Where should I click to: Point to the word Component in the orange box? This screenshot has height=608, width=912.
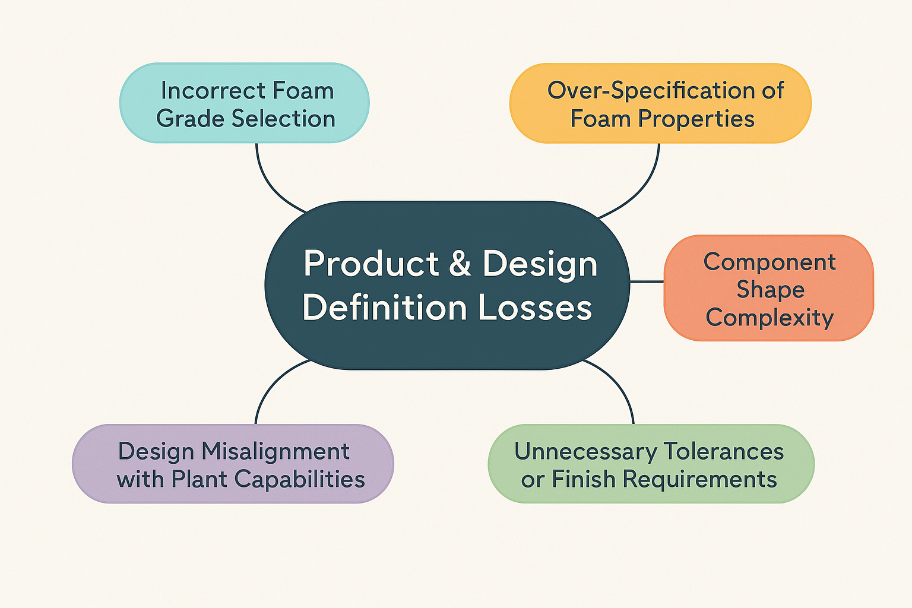click(x=769, y=262)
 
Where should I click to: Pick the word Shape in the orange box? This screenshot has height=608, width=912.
click(x=770, y=290)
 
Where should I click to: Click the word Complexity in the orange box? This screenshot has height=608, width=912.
click(x=769, y=318)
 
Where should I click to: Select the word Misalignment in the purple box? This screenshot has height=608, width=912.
click(x=275, y=451)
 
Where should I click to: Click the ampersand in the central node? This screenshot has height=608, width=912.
click(x=460, y=264)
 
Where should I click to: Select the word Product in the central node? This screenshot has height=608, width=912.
click(x=372, y=264)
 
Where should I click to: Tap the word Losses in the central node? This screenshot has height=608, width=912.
click(x=535, y=308)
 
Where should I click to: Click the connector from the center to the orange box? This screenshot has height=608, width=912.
click(x=647, y=281)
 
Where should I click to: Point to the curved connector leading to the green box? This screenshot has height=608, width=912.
click(x=620, y=386)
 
